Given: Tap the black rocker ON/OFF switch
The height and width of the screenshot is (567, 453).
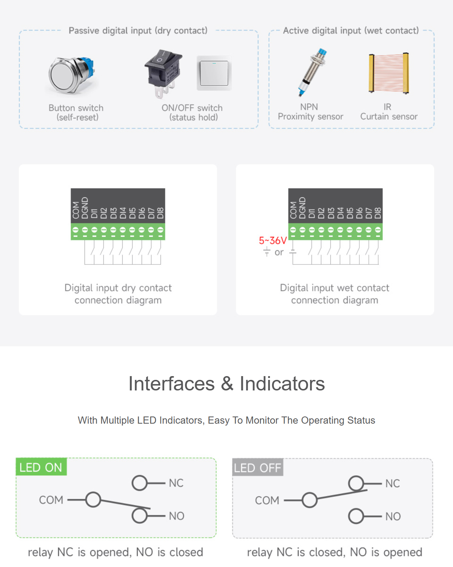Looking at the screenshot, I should coord(163,72).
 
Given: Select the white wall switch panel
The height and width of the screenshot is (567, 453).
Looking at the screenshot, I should coord(214,73).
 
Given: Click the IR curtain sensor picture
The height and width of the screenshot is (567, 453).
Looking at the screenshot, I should coord(388,73).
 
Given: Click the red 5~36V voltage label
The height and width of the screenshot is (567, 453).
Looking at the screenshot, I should coord(273,241).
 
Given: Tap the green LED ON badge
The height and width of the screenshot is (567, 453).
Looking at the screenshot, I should coord(41,467).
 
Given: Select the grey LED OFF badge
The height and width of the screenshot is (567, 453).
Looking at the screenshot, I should coord(257,468).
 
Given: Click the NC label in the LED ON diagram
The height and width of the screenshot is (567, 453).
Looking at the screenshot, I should coord(176,483).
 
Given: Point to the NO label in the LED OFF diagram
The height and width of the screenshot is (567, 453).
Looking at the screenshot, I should coord(393,516).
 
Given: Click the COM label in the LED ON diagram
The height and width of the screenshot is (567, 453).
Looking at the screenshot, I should coord(51,500).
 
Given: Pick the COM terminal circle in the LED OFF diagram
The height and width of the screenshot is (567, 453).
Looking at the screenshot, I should coord(310,500).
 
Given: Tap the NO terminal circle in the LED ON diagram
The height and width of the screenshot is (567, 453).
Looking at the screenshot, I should coord(140,516).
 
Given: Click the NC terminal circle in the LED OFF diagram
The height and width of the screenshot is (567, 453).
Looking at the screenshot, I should coord(356,483).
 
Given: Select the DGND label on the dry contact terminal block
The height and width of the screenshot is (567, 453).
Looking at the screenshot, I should coord(85,208).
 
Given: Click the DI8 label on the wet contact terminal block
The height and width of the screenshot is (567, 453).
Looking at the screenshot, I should coord(378,213).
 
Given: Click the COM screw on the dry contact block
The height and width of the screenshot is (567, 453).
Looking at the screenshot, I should coord(75,230).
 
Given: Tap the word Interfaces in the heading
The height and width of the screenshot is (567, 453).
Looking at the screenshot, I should coord(171,384).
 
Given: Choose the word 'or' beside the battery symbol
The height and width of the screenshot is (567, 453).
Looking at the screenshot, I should coord(279,252).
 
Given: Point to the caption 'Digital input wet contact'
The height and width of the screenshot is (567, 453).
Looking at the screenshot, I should coord(334,288).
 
